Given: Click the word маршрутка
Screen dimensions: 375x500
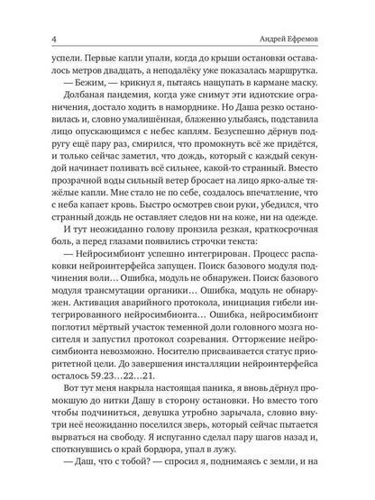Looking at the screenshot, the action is [315, 77].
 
